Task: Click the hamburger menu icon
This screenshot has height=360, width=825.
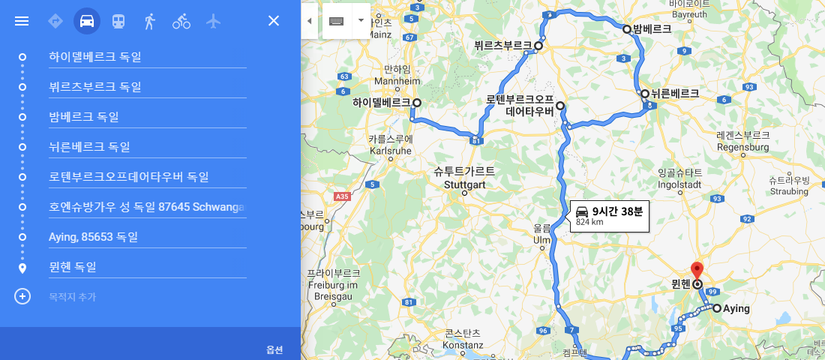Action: [22, 21]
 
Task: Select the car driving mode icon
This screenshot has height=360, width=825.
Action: [87, 21]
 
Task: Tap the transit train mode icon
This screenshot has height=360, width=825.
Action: [118, 21]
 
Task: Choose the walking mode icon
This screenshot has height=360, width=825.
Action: [149, 21]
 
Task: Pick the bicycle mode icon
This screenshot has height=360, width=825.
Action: [181, 21]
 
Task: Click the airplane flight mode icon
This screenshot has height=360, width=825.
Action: [214, 21]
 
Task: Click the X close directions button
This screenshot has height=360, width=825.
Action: [274, 21]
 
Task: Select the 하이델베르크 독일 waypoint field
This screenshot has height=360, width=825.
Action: [147, 57]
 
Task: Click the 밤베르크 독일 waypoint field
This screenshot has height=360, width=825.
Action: [147, 117]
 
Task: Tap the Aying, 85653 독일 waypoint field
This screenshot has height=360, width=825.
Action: [147, 237]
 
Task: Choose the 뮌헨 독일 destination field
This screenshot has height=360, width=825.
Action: [147, 267]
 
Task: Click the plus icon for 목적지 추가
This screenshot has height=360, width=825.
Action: [22, 296]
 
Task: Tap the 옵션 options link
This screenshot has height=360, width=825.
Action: [274, 349]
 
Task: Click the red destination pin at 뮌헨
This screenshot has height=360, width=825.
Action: [697, 271]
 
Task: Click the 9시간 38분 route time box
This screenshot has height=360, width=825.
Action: [608, 216]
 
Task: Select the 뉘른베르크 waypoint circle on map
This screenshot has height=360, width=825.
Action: [645, 94]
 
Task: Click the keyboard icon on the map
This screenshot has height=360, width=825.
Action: [336, 20]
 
